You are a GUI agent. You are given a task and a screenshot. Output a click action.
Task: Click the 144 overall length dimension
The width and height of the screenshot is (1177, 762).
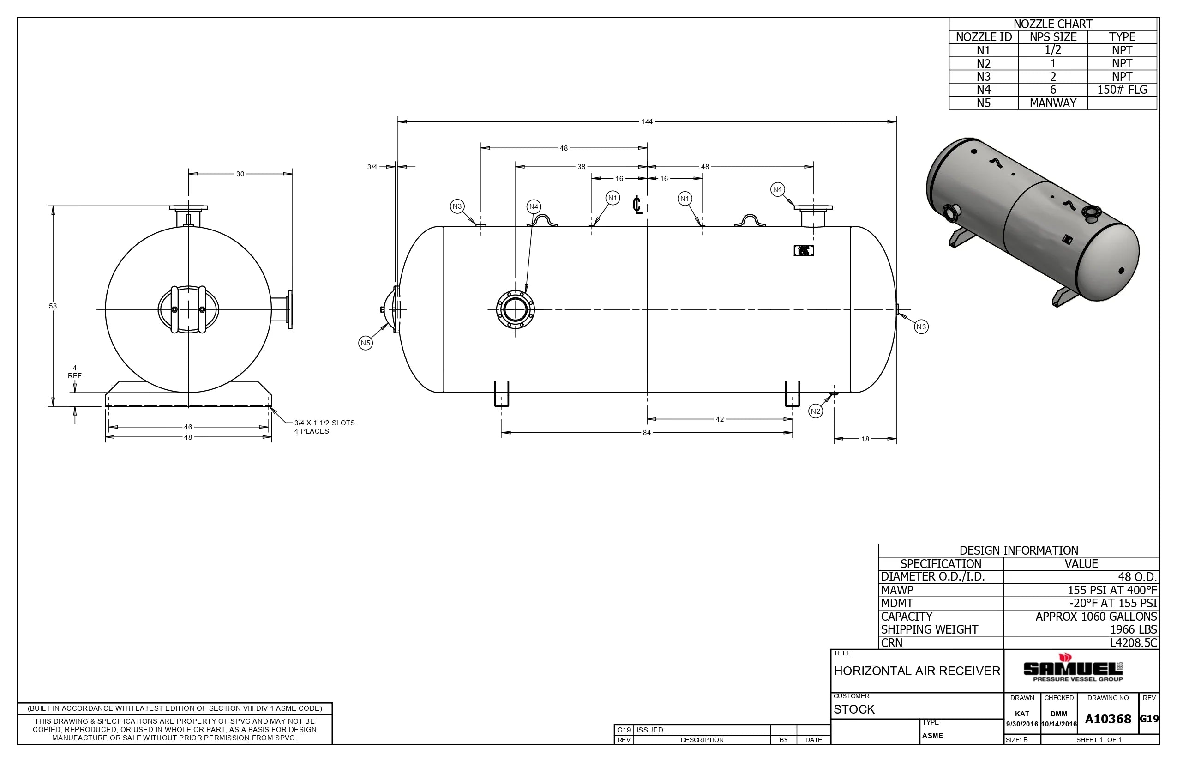(646, 122)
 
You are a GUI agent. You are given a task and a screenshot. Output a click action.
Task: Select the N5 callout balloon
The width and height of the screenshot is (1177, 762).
(365, 343)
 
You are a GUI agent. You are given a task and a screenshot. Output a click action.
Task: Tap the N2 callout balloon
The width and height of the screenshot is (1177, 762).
(816, 411)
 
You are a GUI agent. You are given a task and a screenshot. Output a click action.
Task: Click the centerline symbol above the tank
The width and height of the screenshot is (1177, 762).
(637, 204)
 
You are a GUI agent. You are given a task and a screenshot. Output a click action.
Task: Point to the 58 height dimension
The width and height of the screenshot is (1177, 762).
(53, 306)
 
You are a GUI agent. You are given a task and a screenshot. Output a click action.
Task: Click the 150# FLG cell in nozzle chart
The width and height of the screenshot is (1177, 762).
(1122, 90)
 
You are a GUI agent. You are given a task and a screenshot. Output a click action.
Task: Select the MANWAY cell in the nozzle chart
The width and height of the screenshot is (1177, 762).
(1052, 103)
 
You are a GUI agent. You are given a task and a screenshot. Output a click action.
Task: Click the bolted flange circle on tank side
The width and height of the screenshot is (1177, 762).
(515, 310)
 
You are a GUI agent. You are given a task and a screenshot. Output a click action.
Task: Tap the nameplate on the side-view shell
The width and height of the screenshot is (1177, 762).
(803, 251)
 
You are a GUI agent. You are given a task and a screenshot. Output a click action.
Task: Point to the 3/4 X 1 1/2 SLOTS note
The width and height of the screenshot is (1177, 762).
(324, 427)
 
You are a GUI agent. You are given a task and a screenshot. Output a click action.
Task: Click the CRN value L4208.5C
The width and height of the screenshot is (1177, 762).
(1133, 643)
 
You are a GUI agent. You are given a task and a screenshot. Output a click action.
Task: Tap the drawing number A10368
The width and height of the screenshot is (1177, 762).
(1108, 719)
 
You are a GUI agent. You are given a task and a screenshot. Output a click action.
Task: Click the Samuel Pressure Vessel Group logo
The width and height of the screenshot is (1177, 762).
(1073, 669)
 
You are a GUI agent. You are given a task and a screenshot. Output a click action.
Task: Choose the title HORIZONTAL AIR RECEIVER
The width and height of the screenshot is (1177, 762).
(916, 671)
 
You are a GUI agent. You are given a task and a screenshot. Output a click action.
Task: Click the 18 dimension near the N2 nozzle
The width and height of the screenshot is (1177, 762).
(865, 439)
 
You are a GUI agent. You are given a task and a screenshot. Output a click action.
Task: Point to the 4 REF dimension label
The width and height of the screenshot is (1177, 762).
(75, 372)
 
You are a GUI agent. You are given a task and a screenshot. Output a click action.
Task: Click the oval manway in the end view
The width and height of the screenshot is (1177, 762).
(188, 310)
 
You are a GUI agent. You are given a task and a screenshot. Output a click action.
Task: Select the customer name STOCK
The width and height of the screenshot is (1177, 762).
(854, 709)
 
